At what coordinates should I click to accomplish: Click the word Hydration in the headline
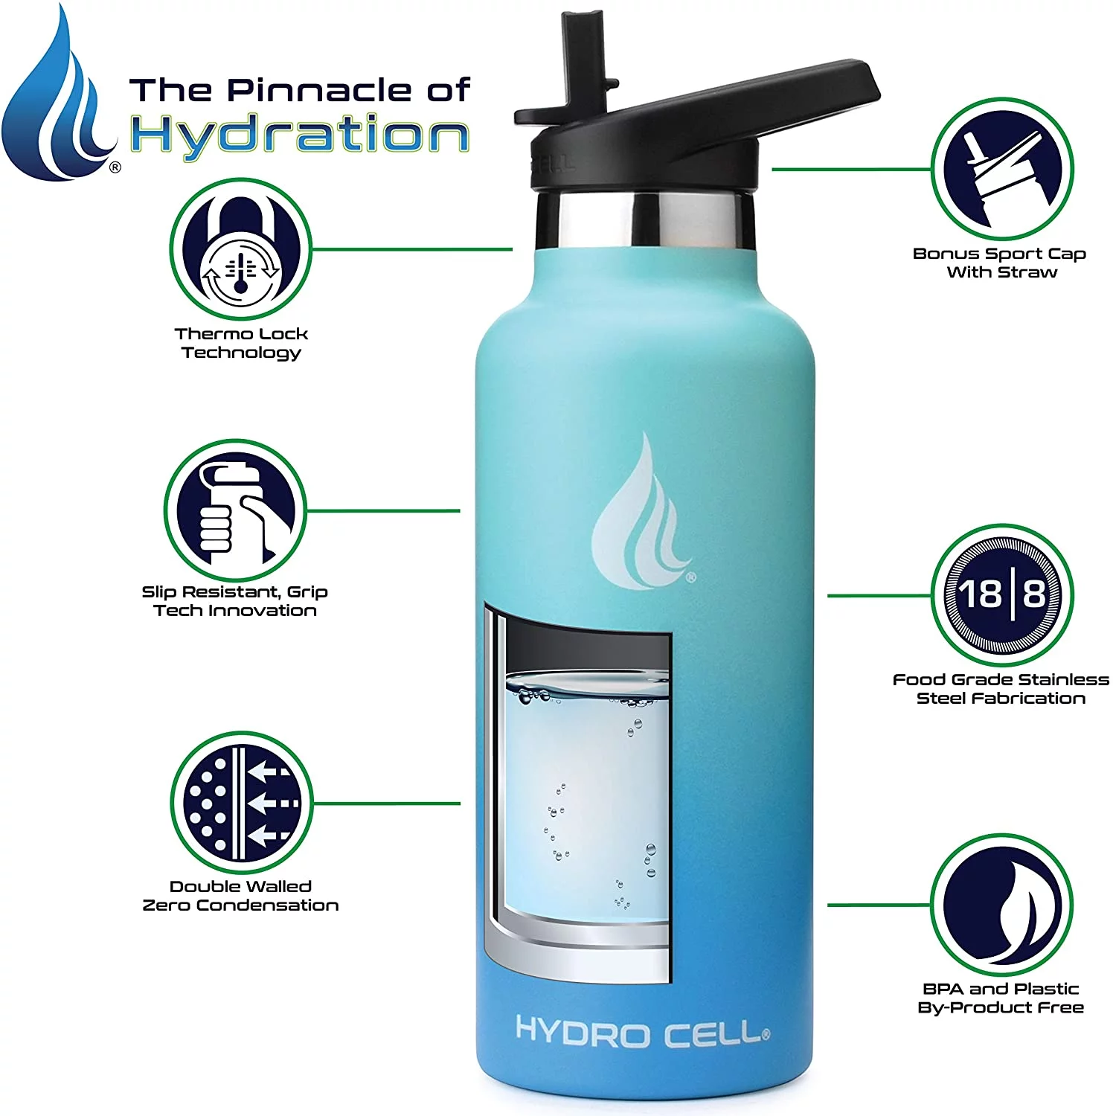(x=299, y=135)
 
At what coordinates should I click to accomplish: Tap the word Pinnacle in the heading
(x=320, y=90)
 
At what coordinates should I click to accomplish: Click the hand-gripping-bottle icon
(x=235, y=510)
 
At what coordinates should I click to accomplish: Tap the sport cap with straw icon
(x=1002, y=169)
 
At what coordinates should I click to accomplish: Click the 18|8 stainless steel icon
(x=1002, y=594)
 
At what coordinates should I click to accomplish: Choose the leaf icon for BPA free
(x=1002, y=905)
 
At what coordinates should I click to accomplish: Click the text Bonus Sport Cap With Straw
(x=1000, y=263)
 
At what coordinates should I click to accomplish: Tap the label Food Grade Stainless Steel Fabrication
(x=1000, y=688)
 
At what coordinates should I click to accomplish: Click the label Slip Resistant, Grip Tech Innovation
(x=235, y=601)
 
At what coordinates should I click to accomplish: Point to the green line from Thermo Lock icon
(x=413, y=249)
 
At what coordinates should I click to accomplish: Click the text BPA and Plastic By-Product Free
(x=1000, y=998)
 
